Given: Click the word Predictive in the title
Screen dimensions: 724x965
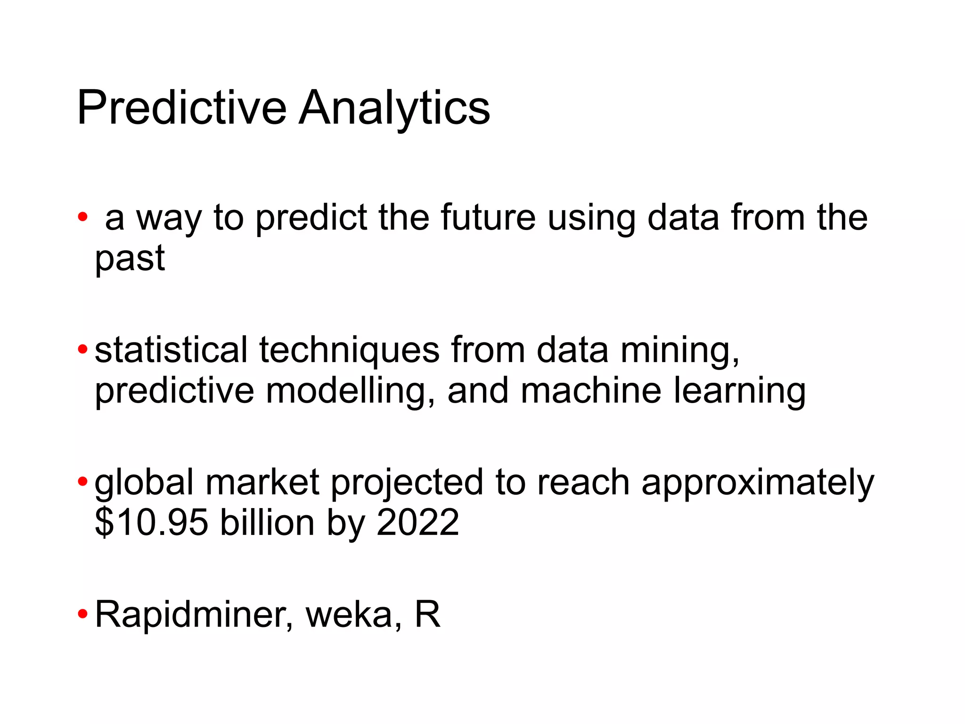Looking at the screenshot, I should [x=181, y=108].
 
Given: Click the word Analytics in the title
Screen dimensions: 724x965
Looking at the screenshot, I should [x=394, y=109].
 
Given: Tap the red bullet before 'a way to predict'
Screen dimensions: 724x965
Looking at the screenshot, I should [x=83, y=217].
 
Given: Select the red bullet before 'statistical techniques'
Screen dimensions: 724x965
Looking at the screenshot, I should [x=83, y=350].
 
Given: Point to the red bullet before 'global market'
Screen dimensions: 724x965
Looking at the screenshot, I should [x=83, y=482].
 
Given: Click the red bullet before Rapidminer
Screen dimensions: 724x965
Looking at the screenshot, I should [x=83, y=614].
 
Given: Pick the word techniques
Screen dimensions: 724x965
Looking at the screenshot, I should [x=349, y=351].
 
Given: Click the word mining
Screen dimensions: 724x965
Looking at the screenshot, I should [x=679, y=351].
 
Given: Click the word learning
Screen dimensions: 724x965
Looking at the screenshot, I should [x=739, y=392].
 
